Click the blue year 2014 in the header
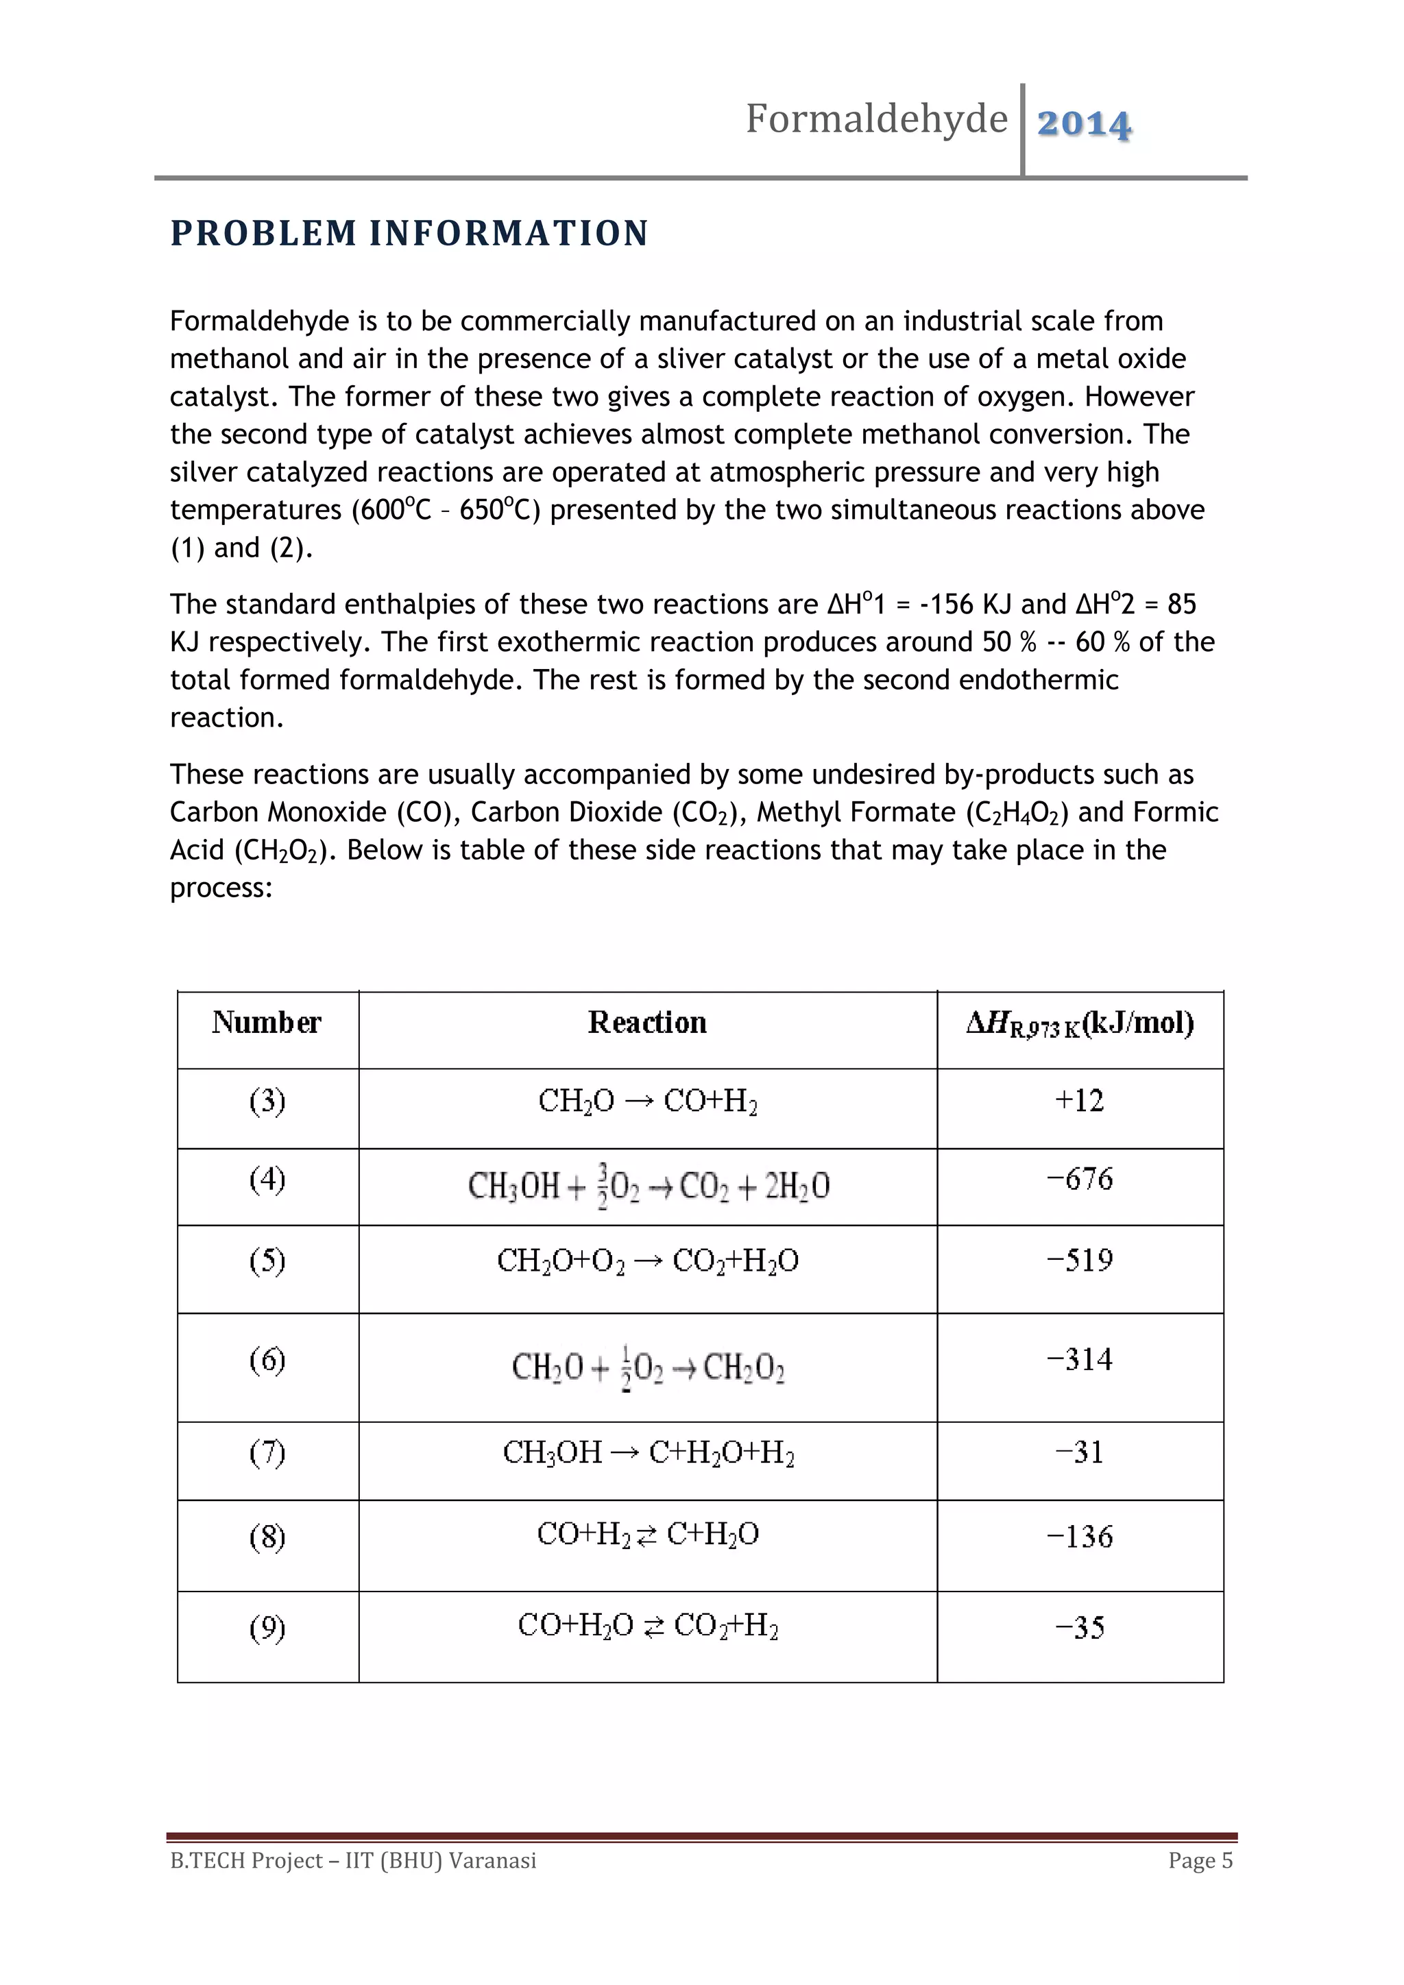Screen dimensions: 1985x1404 click(x=1083, y=123)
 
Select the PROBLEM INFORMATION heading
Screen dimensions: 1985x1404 click(x=409, y=234)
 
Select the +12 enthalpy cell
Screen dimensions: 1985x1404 click(x=1079, y=1101)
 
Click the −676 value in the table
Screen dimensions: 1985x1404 click(x=1079, y=1179)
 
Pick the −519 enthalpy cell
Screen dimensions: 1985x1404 click(x=1079, y=1261)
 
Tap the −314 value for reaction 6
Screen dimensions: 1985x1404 click(x=1079, y=1360)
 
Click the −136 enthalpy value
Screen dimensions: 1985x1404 click(x=1079, y=1536)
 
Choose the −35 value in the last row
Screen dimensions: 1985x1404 click(x=1079, y=1628)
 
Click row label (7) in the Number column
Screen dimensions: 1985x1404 click(x=267, y=1452)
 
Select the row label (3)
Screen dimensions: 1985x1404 click(x=267, y=1101)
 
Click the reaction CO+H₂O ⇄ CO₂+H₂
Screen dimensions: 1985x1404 click(x=648, y=1627)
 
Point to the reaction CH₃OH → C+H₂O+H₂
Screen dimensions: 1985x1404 click(x=648, y=1452)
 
